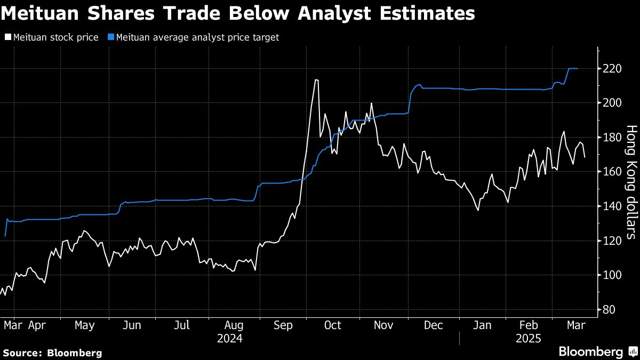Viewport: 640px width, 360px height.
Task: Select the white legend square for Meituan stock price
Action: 7,37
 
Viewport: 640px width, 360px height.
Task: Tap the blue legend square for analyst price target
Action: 110,37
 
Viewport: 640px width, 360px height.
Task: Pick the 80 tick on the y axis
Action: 609,309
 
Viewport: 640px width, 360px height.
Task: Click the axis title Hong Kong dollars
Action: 631,181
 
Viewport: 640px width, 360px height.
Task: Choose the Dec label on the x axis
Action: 433,325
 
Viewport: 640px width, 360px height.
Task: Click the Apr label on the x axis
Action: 37,325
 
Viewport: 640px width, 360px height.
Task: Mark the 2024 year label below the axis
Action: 230,338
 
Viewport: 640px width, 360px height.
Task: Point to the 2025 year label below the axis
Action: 529,338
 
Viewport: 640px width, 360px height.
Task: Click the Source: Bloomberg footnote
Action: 52,353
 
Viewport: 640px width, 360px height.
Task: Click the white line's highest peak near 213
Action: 317,80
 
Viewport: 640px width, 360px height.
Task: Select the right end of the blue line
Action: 578,68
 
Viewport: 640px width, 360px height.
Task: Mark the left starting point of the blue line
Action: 5,236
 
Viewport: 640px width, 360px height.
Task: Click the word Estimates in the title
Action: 430,14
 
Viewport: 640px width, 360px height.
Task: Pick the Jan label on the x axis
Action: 483,325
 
